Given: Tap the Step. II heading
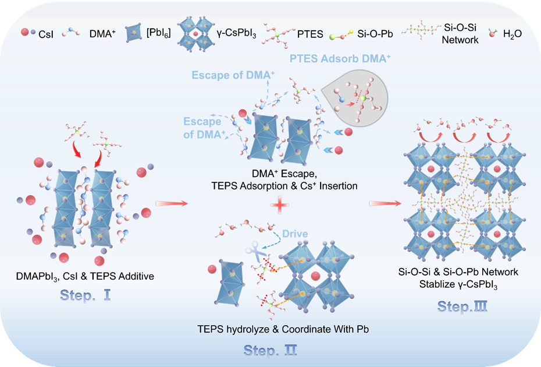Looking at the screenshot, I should pyautogui.click(x=270, y=350).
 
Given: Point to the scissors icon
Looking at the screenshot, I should pyautogui.click(x=254, y=252).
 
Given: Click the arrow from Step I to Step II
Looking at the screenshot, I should pyautogui.click(x=173, y=203).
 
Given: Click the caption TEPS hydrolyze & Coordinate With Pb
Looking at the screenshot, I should pyautogui.click(x=283, y=329).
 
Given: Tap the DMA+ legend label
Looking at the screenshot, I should pyautogui.click(x=102, y=34).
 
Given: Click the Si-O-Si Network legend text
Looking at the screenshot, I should pyautogui.click(x=460, y=34).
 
